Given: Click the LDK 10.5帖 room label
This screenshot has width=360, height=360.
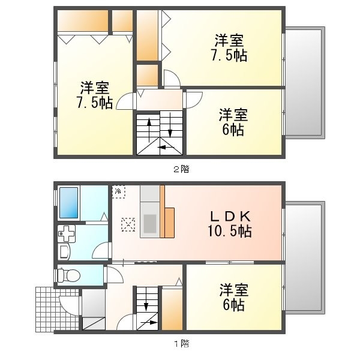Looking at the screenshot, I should [230, 224].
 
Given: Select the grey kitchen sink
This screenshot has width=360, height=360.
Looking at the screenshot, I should [149, 223].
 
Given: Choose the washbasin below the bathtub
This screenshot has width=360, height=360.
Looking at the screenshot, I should [65, 233].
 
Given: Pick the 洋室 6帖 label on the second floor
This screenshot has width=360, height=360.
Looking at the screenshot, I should [233, 122].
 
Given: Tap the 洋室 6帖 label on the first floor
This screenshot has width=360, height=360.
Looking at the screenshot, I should [233, 297].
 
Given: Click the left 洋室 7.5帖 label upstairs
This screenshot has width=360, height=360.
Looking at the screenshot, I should [95, 94].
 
